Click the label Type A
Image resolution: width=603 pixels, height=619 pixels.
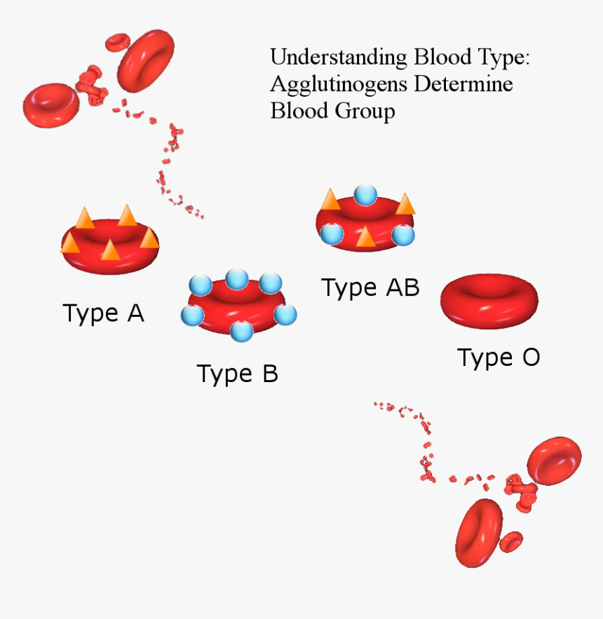click(x=104, y=313)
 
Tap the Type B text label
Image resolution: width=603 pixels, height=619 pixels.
click(x=237, y=374)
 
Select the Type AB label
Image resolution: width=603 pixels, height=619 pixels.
click(x=370, y=287)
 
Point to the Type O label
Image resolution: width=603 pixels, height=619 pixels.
click(x=499, y=358)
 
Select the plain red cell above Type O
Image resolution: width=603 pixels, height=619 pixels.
click(x=489, y=301)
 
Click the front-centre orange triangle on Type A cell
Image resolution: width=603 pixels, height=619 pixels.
click(x=110, y=250)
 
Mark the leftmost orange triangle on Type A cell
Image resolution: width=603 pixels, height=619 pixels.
click(x=70, y=243)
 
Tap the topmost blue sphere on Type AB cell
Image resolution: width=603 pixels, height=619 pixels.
click(x=365, y=195)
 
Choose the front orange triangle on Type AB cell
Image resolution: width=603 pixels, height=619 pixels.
click(x=365, y=236)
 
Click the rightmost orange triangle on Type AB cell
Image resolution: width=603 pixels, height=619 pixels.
click(x=405, y=204)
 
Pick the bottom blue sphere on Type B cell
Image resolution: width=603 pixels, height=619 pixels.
click(x=241, y=330)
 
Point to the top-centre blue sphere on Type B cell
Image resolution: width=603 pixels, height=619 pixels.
click(x=237, y=278)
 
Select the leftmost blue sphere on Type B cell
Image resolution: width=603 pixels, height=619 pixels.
click(x=192, y=315)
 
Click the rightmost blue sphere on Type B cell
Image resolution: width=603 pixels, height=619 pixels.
click(x=285, y=315)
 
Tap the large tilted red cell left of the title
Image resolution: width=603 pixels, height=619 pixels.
click(x=146, y=60)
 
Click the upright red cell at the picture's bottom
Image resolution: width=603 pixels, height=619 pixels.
click(x=477, y=532)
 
